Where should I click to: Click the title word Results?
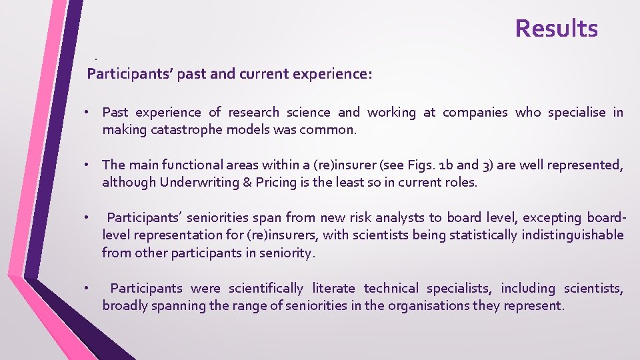tap(556, 29)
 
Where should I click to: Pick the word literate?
tap(334, 288)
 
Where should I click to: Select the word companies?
tap(475, 113)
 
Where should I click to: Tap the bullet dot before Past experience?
tap(87, 113)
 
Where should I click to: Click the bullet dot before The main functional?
tap(87, 165)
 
